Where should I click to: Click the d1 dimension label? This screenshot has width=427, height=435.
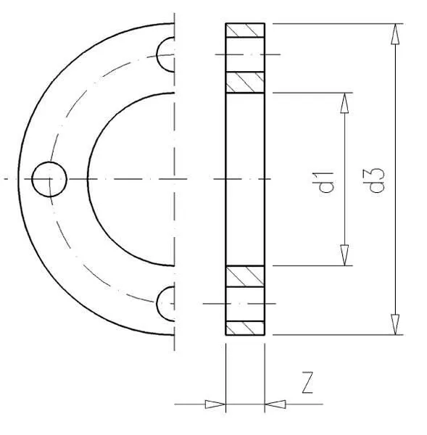tap(326, 182)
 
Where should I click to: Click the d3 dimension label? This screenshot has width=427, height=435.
tap(377, 180)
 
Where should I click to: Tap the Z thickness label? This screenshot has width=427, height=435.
tap(307, 383)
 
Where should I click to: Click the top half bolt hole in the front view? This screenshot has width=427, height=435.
tap(157, 54)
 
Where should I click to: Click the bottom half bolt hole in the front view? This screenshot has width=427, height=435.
tap(157, 304)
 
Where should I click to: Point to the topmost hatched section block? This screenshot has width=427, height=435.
tap(245, 30)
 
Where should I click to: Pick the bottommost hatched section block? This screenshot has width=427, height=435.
tap(245, 328)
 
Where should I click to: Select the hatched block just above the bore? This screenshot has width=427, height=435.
tap(245, 83)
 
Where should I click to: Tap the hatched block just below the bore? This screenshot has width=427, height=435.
tap(245, 276)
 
